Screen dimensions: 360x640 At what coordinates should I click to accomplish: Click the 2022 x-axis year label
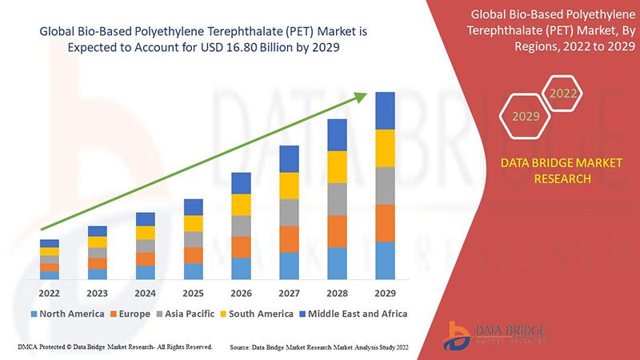(x=50, y=293)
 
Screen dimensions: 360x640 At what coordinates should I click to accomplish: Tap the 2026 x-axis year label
(x=241, y=293)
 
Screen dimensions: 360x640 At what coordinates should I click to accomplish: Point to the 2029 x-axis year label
(x=385, y=293)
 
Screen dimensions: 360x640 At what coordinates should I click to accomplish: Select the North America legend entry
(x=67, y=314)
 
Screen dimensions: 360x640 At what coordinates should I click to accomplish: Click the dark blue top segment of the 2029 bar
(x=385, y=110)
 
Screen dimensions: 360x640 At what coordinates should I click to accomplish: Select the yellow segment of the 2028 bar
(x=337, y=166)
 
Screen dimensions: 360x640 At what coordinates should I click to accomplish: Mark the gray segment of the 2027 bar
(x=289, y=212)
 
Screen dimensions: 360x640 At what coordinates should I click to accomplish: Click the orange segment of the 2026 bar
(x=241, y=246)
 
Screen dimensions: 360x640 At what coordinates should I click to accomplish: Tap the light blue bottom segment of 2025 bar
(x=193, y=271)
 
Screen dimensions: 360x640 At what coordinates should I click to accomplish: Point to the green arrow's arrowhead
(x=361, y=97)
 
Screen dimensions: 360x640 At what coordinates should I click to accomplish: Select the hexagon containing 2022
(x=563, y=94)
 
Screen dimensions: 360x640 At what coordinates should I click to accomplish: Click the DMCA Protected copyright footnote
(x=114, y=347)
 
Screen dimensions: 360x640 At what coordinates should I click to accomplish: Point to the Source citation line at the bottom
(x=320, y=347)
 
